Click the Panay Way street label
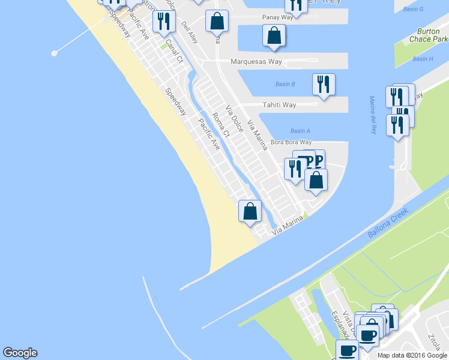(278, 17)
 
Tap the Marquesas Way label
(256, 62)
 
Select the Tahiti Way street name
(279, 105)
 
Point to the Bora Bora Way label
(291, 142)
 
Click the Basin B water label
(285, 84)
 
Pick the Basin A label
(300, 131)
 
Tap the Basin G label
(414, 9)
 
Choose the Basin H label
(423, 59)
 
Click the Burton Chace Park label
(431, 35)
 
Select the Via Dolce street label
(234, 119)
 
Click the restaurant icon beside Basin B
(324, 84)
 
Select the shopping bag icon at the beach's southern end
(250, 211)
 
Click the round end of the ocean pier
(54, 53)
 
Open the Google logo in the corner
(20, 353)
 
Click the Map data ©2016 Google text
(412, 355)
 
